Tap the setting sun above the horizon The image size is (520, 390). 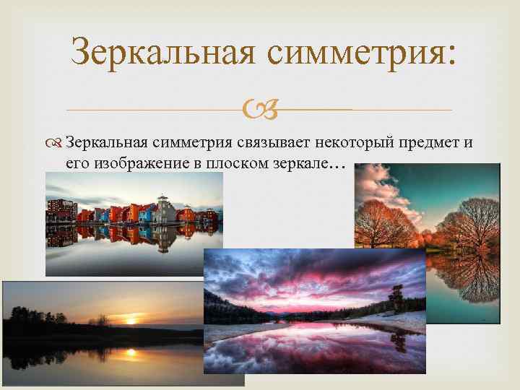pyautogui.click(x=131, y=318)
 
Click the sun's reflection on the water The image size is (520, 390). pyautogui.click(x=131, y=352)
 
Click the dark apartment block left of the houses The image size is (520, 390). pyautogui.click(x=61, y=210)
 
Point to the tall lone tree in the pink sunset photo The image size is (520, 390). pyautogui.click(x=396, y=295)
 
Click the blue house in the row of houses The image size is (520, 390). pyautogui.click(x=104, y=214)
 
